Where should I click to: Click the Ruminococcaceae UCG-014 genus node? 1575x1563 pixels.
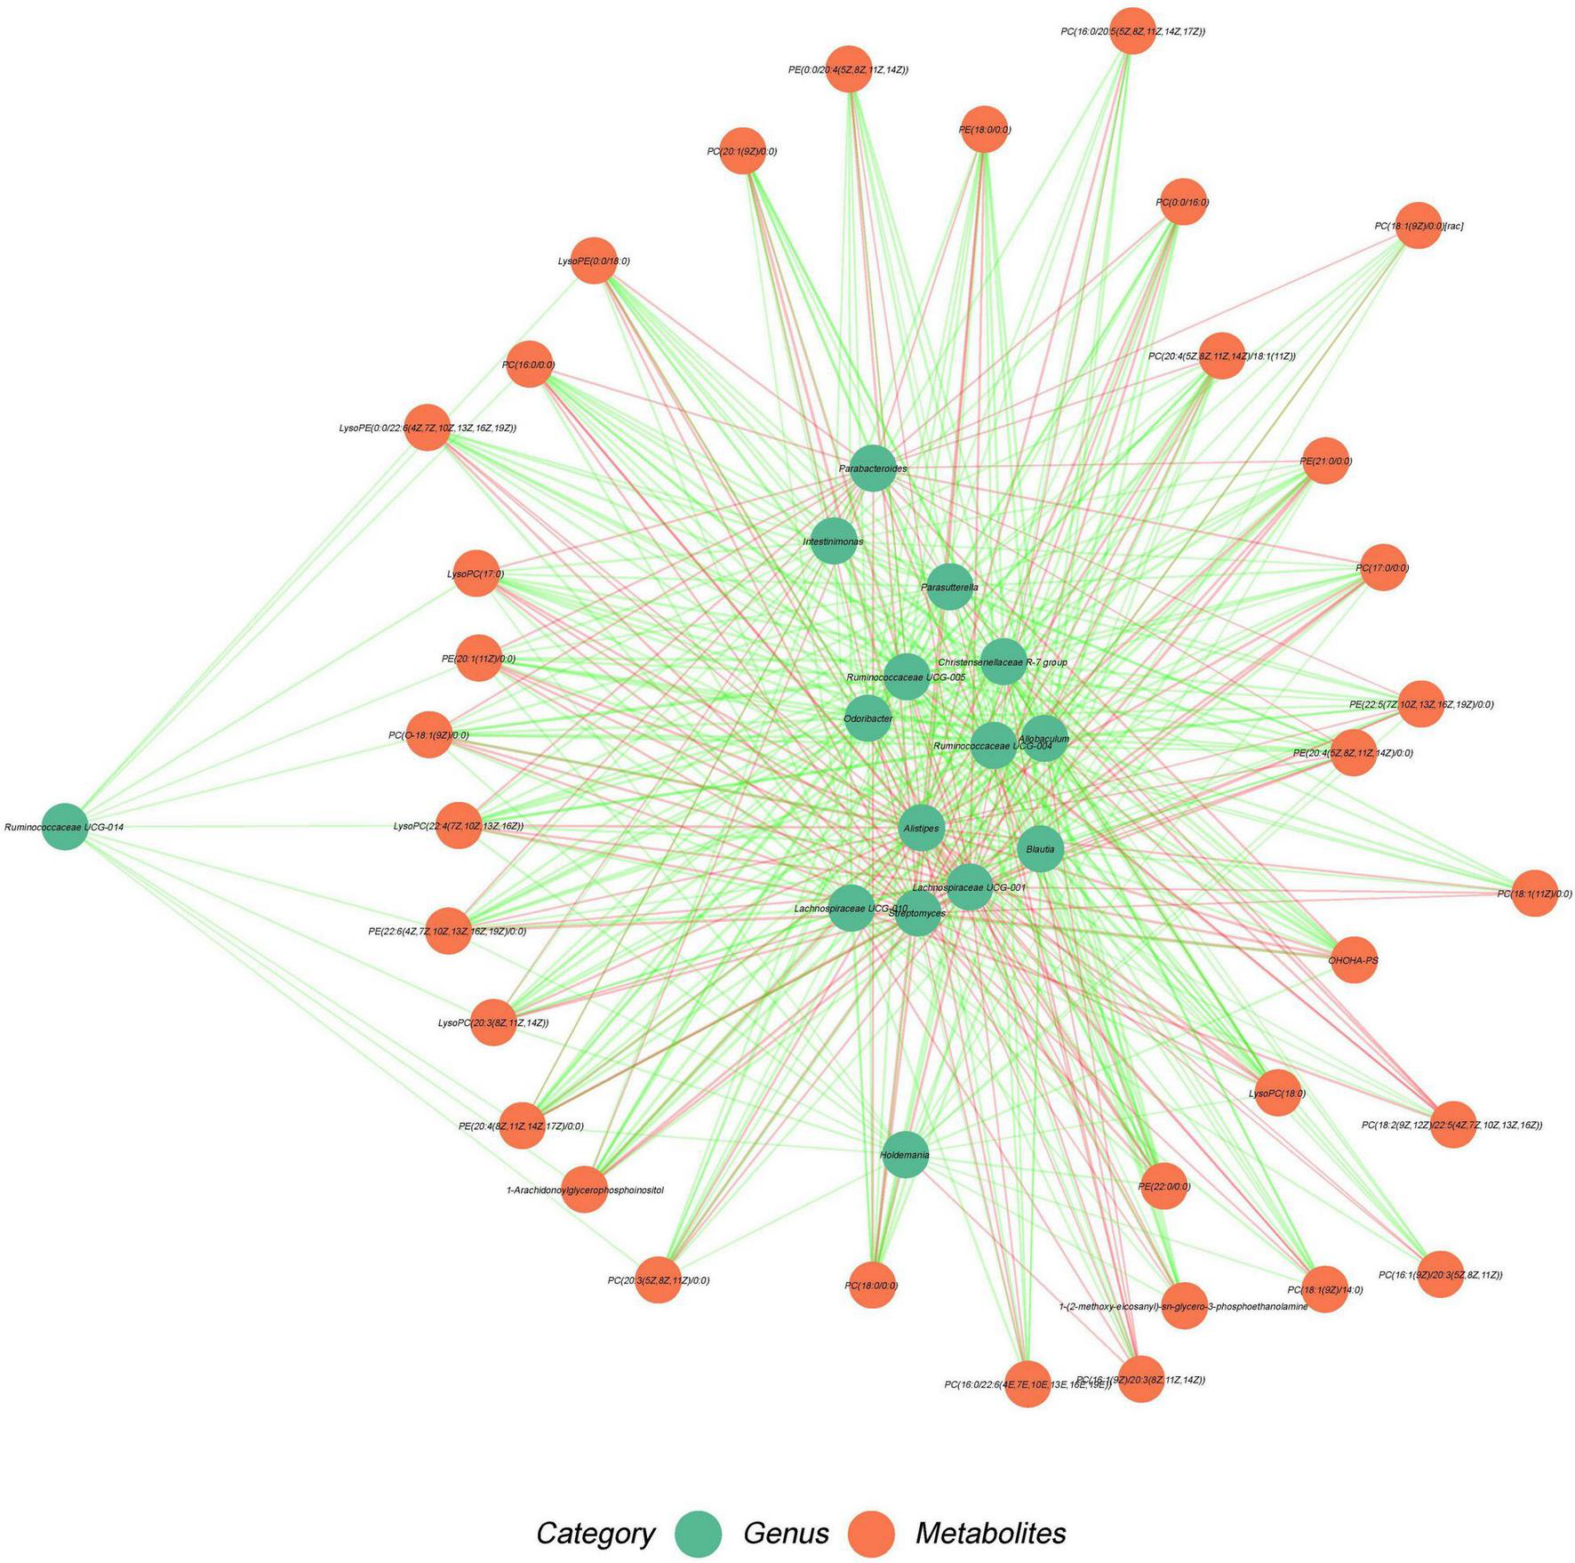[x=65, y=827]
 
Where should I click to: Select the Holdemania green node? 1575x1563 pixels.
[x=906, y=1154]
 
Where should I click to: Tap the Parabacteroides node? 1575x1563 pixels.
[x=873, y=468]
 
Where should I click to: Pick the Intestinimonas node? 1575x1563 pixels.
[x=834, y=541]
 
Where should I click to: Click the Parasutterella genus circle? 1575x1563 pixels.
[x=949, y=587]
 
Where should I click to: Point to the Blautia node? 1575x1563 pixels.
[x=1040, y=849]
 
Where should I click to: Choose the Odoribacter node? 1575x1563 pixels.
[x=867, y=717]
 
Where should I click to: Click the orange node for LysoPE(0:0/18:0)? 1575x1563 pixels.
[x=594, y=260]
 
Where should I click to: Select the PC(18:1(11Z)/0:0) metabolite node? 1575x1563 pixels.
[x=1534, y=894]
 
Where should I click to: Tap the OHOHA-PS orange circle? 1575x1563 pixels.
[x=1354, y=960]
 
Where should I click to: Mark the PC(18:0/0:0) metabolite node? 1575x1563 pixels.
[x=872, y=1285]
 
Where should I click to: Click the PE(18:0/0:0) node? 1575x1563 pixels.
[x=984, y=130]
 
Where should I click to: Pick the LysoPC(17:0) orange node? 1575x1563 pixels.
[x=476, y=573]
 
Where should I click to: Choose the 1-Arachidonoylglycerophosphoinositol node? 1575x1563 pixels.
[x=584, y=1189]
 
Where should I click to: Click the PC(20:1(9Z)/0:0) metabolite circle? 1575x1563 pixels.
[x=742, y=151]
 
